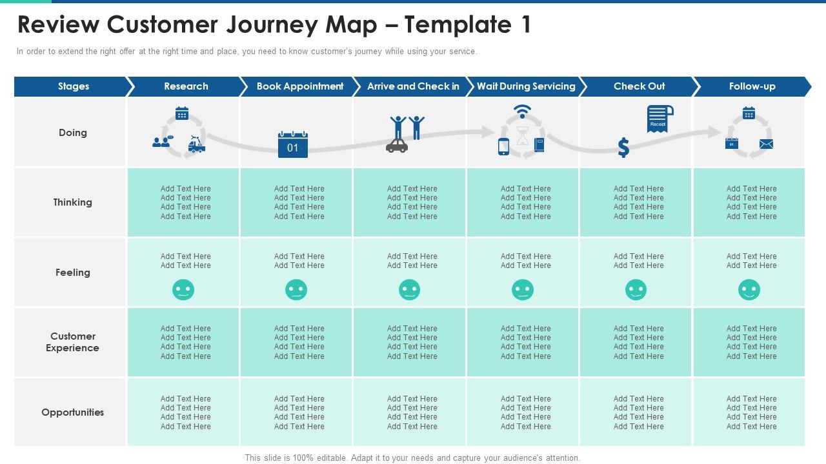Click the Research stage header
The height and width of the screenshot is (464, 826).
(x=186, y=86)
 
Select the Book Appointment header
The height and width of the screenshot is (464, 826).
(x=299, y=86)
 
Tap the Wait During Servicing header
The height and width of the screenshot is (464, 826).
(x=525, y=86)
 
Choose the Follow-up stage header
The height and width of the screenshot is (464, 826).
(x=752, y=86)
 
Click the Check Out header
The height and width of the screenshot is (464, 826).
(x=639, y=86)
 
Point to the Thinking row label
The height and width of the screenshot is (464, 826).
(x=72, y=202)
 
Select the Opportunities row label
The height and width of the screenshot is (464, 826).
(x=72, y=412)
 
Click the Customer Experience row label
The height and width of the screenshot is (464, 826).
(x=72, y=342)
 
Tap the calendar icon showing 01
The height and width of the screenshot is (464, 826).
(x=293, y=145)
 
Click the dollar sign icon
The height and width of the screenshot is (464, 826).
(x=623, y=148)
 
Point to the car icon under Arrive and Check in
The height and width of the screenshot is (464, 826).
(x=397, y=146)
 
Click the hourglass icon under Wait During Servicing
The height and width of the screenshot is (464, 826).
(x=522, y=135)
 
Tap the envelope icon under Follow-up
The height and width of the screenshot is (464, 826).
(x=766, y=144)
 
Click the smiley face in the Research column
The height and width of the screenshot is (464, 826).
(x=183, y=290)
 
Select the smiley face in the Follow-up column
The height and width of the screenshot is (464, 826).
(x=749, y=290)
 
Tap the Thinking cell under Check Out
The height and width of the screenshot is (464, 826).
(x=638, y=202)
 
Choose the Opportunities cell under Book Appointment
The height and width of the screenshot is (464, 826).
(x=299, y=412)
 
